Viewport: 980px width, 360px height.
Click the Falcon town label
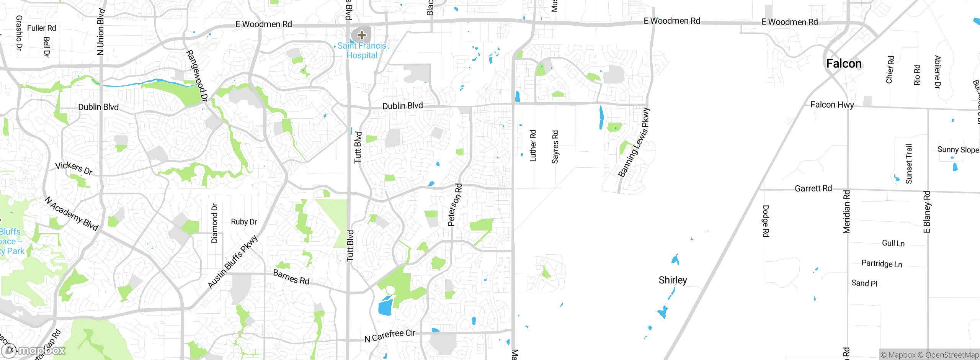click(x=844, y=64)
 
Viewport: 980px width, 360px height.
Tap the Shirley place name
click(x=673, y=280)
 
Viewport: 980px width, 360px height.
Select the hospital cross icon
click(x=361, y=36)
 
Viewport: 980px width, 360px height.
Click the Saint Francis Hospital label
click(x=362, y=51)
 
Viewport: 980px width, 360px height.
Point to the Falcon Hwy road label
click(x=832, y=105)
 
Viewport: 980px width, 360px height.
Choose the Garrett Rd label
click(x=813, y=188)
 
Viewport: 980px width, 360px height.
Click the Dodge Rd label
click(x=766, y=221)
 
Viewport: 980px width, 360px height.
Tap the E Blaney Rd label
click(x=927, y=212)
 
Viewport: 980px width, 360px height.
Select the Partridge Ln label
click(x=882, y=264)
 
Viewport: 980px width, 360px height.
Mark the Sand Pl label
click(x=864, y=283)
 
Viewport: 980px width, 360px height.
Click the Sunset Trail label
click(x=909, y=164)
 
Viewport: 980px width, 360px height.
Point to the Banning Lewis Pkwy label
click(x=634, y=142)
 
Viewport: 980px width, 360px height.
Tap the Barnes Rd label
click(x=291, y=277)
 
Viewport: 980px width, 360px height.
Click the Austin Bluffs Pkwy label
click(x=233, y=262)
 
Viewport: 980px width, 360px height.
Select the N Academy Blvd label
click(x=72, y=213)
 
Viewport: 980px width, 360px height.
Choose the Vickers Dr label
click(x=74, y=168)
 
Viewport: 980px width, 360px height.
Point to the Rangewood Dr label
click(x=197, y=75)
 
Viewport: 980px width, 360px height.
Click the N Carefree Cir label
click(x=390, y=336)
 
